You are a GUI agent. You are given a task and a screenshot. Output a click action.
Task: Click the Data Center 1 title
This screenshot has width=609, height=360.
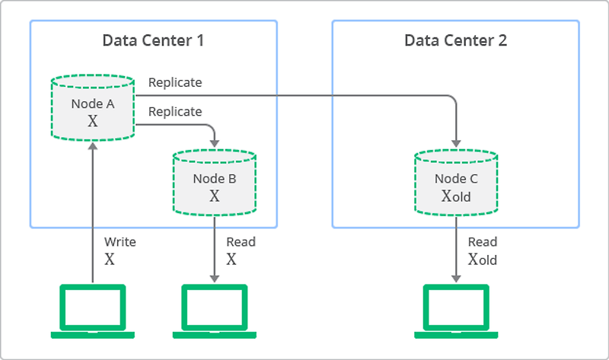pyautogui.click(x=153, y=40)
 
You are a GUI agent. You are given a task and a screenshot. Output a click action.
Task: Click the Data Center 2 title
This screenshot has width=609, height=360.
pyautogui.click(x=455, y=40)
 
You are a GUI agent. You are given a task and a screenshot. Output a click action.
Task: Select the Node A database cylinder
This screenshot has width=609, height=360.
pyautogui.click(x=92, y=107)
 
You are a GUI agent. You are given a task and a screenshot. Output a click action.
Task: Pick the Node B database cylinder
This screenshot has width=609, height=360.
pyautogui.click(x=214, y=182)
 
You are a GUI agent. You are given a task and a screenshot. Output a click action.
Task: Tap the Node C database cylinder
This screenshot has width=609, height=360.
pyautogui.click(x=456, y=183)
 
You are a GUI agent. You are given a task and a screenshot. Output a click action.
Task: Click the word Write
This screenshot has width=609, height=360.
pyautogui.click(x=120, y=242)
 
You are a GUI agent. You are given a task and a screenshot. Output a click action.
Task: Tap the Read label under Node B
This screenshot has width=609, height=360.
pyautogui.click(x=241, y=242)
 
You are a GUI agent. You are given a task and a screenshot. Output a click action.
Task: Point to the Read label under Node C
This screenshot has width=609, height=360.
pyautogui.click(x=483, y=242)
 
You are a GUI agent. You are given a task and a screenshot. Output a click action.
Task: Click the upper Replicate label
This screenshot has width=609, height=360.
pyautogui.click(x=175, y=82)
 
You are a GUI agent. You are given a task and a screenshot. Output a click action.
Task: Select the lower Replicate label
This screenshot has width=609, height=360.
pyautogui.click(x=175, y=112)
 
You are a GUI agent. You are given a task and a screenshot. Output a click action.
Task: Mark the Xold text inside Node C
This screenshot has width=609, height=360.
pyautogui.click(x=457, y=196)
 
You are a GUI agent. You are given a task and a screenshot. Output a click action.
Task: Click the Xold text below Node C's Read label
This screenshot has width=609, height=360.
pyautogui.click(x=483, y=260)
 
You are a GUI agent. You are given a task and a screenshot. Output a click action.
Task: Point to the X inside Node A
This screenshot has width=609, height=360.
pyautogui.click(x=93, y=121)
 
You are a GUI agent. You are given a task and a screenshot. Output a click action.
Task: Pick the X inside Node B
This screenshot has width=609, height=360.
pyautogui.click(x=214, y=196)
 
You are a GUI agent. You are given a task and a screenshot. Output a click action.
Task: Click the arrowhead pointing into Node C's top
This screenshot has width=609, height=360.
pyautogui.click(x=456, y=143)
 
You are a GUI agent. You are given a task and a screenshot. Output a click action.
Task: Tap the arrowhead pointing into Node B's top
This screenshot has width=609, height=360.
pyautogui.click(x=214, y=143)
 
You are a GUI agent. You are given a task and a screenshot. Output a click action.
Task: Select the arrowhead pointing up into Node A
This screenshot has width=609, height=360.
pyautogui.click(x=92, y=148)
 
